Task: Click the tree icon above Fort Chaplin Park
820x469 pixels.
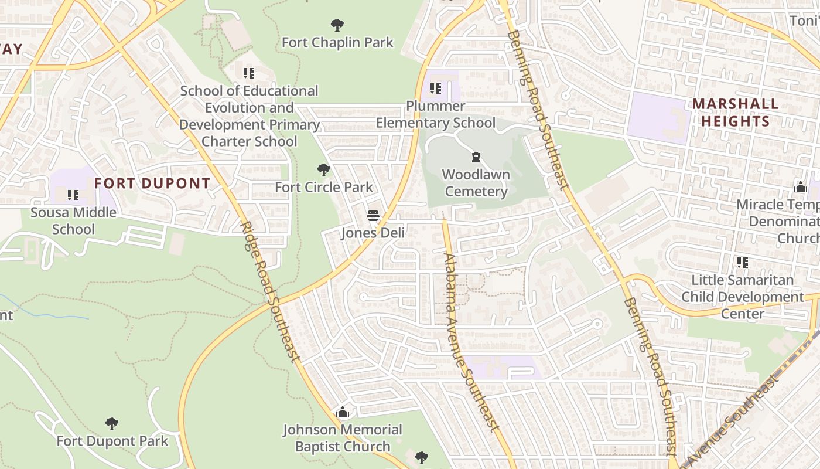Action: click(337, 25)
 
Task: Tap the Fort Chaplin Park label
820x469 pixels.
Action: click(337, 43)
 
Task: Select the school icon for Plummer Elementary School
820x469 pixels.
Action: click(435, 89)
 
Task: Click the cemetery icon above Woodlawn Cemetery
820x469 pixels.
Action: click(476, 157)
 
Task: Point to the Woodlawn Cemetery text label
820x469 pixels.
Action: click(476, 183)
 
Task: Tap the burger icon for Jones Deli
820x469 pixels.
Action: click(373, 216)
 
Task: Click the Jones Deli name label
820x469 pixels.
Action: click(373, 233)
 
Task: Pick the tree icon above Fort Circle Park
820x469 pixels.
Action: click(323, 170)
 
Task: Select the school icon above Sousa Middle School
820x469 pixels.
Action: click(73, 195)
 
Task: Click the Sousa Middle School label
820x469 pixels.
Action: click(73, 220)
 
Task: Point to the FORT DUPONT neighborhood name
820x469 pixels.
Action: click(152, 183)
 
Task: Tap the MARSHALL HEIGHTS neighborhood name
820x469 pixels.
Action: click(735, 113)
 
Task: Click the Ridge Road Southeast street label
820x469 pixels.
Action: click(270, 291)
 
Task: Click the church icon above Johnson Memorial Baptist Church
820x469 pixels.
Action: click(343, 413)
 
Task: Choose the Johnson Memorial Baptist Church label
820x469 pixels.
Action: click(343, 438)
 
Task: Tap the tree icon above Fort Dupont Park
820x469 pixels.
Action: click(112, 423)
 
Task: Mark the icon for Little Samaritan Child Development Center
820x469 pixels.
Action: click(742, 262)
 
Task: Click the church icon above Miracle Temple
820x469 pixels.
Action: click(801, 188)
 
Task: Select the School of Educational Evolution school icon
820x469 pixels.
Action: click(249, 73)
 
